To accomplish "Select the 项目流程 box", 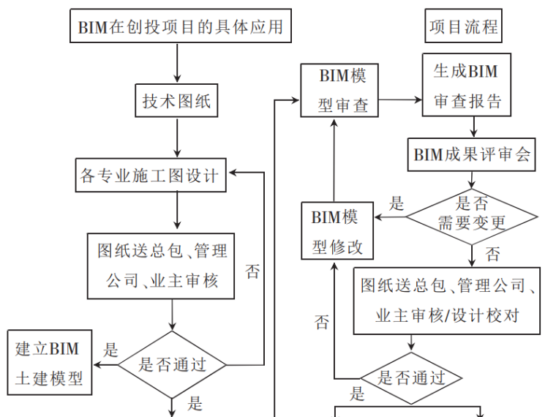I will point(463,27).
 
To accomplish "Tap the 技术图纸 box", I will point(177,100).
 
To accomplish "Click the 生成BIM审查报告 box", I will point(466,86).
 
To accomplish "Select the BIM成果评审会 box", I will point(472,154).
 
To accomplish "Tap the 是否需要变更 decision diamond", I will point(472,214).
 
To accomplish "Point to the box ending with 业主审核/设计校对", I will point(447,301).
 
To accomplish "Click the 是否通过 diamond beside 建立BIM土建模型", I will point(173,364).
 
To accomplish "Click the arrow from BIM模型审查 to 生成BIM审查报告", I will point(399,99).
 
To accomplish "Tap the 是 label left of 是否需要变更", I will point(396,203).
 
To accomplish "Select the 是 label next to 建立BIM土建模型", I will point(111,350).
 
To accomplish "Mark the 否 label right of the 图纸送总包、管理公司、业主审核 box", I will point(252,272).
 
